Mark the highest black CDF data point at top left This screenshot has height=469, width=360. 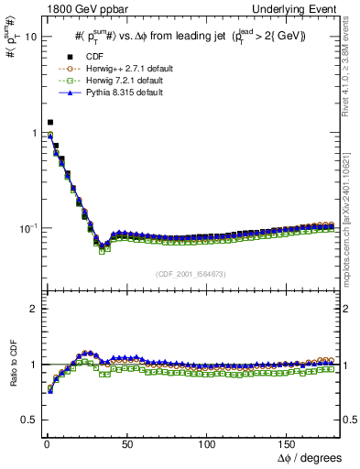50,122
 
